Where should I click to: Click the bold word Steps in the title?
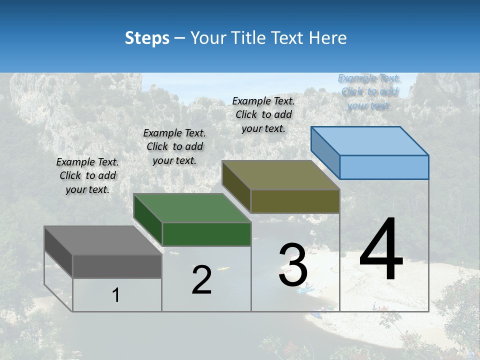tap(147, 38)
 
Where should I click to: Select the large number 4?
tap(381, 249)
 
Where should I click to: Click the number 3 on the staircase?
tap(293, 265)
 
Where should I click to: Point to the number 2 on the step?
tap(202, 280)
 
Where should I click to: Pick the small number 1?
tap(116, 295)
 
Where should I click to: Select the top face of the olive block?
tap(280, 175)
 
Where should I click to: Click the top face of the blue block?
tap(370, 141)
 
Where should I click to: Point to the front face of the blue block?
tap(384, 167)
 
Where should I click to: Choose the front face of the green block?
tap(206, 234)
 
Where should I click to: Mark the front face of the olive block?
tap(295, 201)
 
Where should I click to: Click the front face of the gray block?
tap(117, 266)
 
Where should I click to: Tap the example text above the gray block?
tap(87, 175)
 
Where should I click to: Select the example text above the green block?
tap(174, 146)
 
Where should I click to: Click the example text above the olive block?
tap(263, 114)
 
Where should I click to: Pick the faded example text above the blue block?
tap(369, 91)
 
